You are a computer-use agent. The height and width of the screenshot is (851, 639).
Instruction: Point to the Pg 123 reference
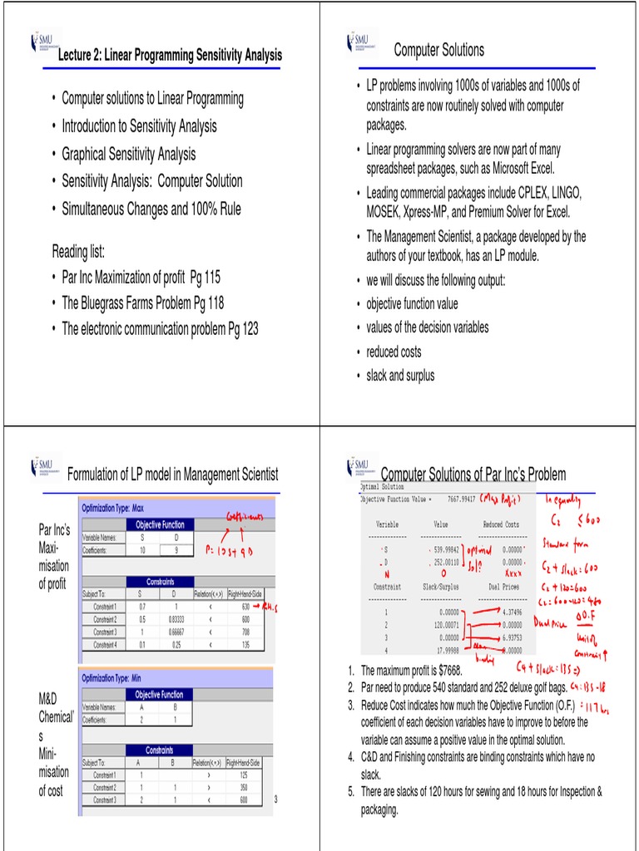242,329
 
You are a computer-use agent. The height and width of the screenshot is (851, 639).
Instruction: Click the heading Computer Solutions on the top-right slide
438,50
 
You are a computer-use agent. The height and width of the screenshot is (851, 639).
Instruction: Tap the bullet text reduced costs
394,352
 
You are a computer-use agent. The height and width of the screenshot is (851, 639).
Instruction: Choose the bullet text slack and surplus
400,376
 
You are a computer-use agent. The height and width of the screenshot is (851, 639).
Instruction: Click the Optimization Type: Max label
113,508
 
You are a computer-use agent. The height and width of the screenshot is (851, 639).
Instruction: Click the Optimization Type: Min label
112,678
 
